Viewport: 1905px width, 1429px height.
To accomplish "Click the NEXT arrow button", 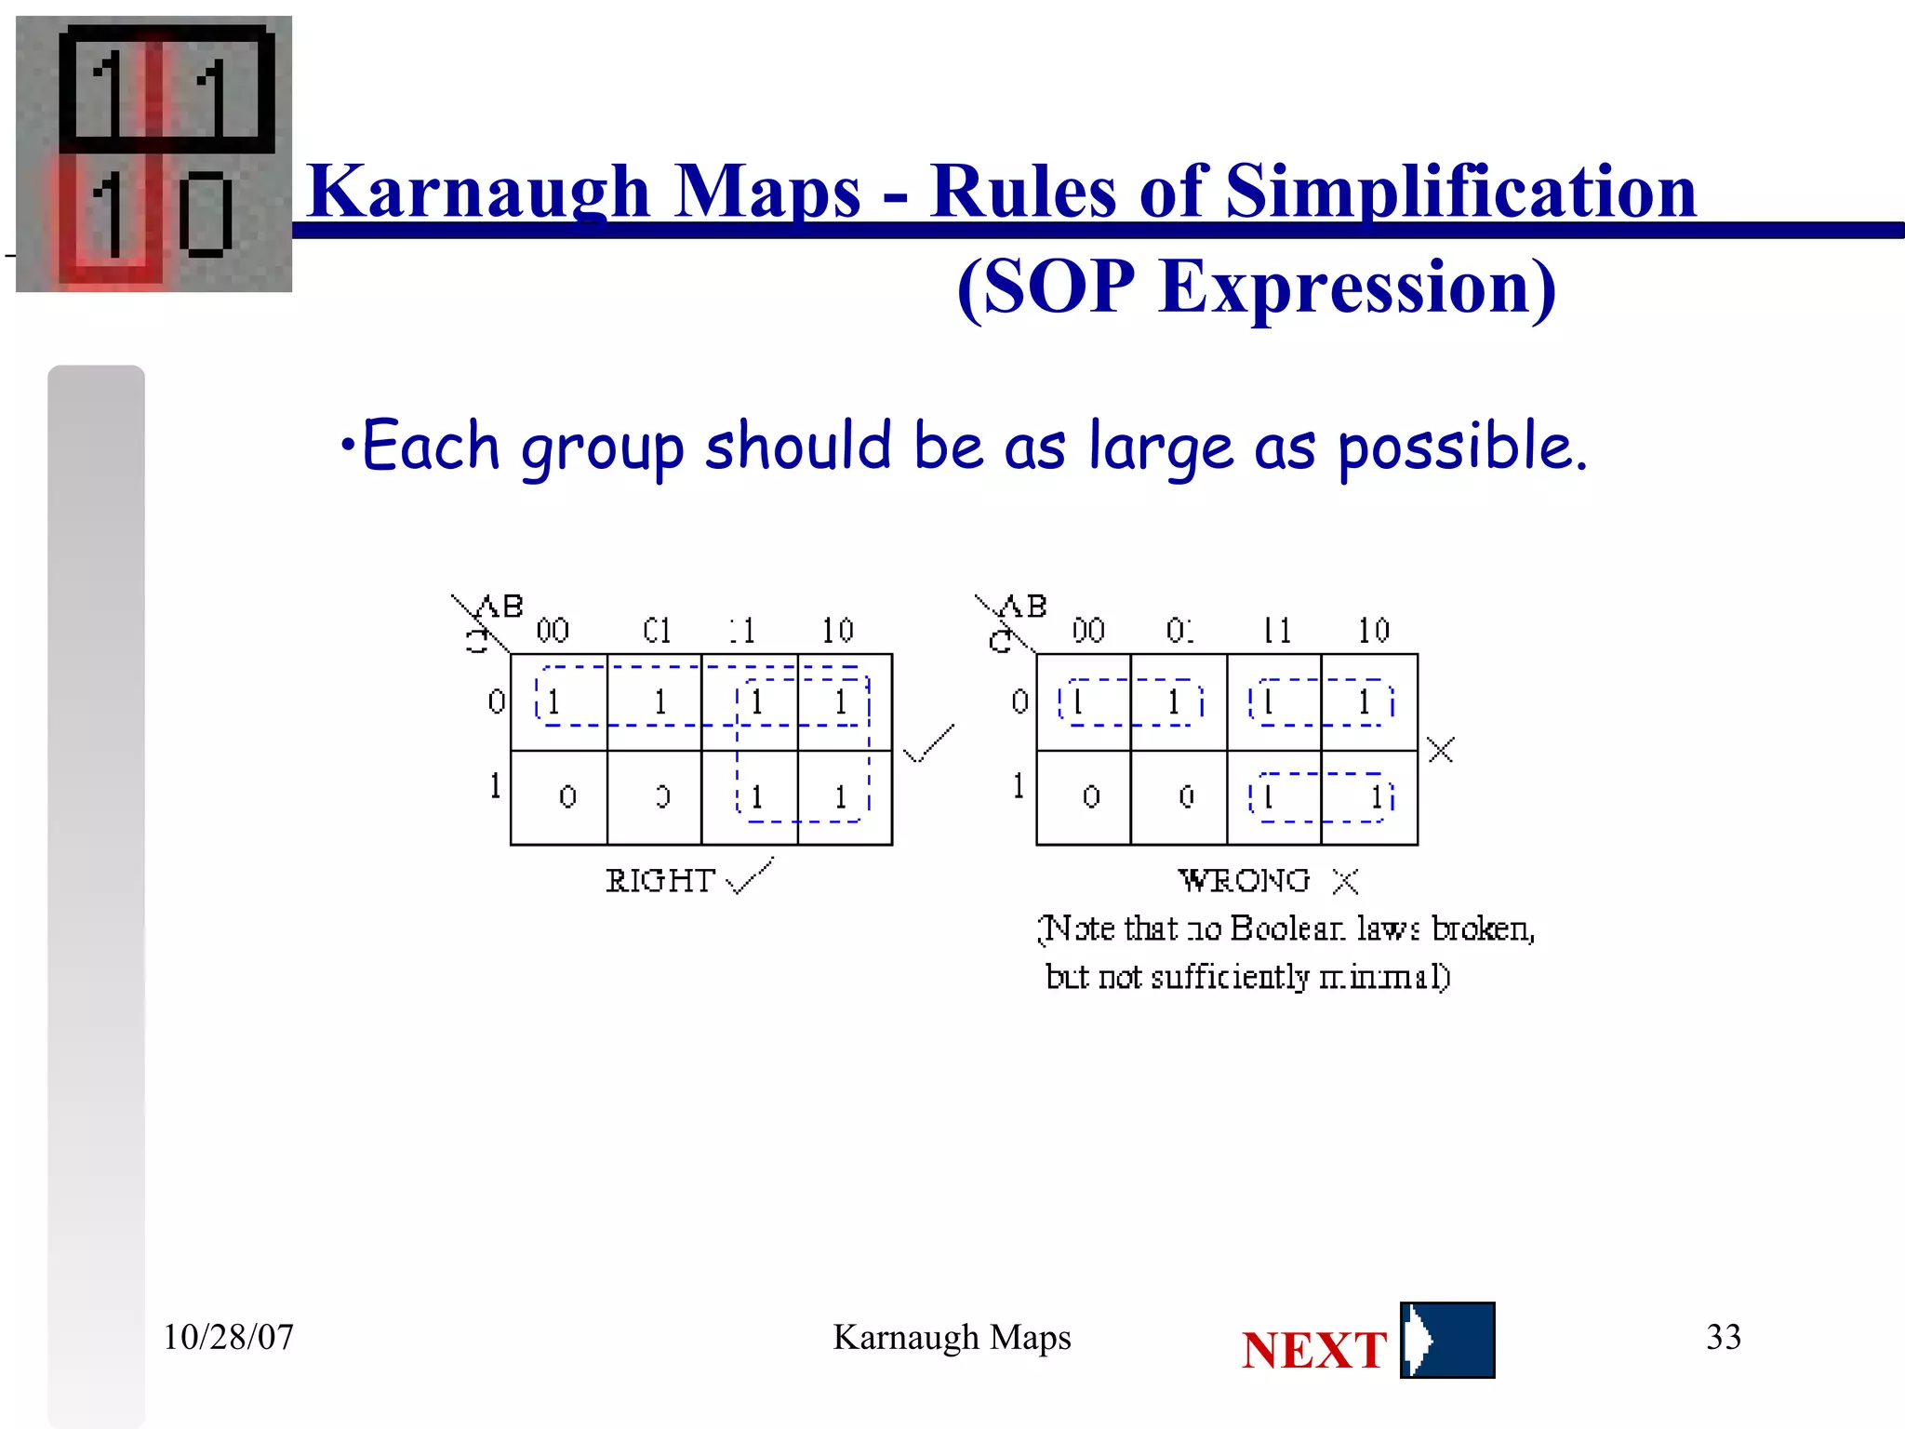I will point(1446,1340).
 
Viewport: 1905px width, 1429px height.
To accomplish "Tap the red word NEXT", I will point(1313,1350).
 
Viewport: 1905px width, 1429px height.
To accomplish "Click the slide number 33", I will point(1723,1337).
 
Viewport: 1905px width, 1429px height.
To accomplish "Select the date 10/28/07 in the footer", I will point(228,1337).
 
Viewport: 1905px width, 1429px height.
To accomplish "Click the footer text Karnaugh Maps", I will point(952,1337).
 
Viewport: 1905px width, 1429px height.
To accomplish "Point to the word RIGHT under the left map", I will point(659,880).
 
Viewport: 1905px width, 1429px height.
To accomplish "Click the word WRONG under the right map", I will point(1244,880).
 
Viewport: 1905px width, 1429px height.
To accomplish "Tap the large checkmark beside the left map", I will point(928,743).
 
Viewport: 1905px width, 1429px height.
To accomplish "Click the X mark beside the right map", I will point(1440,750).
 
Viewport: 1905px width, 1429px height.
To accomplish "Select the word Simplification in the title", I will point(1460,192).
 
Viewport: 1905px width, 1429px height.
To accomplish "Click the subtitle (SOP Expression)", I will point(1256,287).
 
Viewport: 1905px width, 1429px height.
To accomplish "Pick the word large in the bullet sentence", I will point(1161,447).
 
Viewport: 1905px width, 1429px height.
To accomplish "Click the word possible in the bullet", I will point(1460,447).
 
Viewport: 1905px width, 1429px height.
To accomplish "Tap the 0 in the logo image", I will point(206,214).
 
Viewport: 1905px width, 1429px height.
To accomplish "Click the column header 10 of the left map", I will point(837,631).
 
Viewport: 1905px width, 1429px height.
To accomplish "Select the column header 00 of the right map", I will point(1088,631).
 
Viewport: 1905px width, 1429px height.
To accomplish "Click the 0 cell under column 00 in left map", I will point(567,796).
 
